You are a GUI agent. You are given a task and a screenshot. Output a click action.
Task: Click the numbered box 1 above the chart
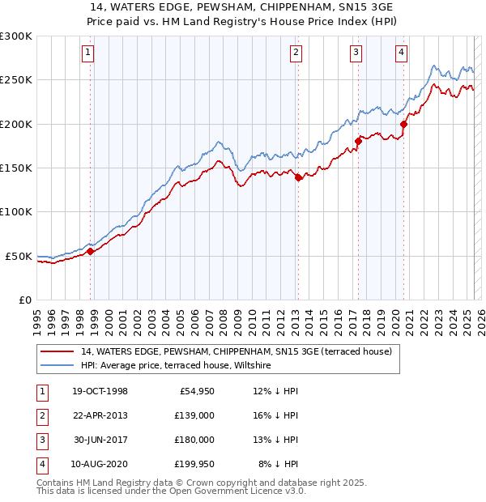click(87, 53)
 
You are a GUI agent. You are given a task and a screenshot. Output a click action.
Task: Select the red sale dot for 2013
click(298, 177)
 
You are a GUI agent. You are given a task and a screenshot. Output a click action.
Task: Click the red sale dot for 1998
click(91, 251)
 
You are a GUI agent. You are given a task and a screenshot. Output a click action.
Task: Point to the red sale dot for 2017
click(358, 141)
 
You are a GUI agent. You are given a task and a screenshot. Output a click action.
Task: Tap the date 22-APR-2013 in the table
click(100, 415)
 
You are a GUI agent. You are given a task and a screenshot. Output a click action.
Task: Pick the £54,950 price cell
click(195, 390)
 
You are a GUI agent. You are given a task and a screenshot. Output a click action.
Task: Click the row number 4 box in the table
click(40, 464)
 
